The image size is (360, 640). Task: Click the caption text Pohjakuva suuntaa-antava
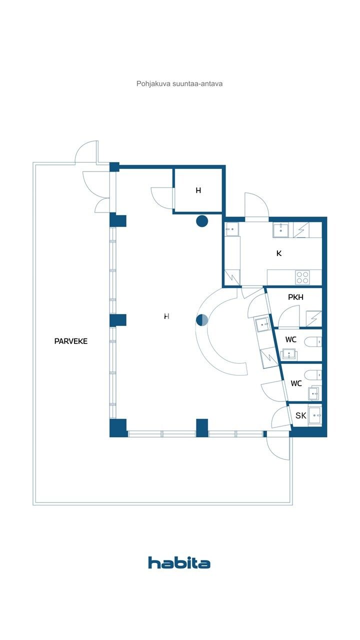tap(179, 83)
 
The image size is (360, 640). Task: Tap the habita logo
tap(179, 562)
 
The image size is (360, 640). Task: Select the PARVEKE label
tap(71, 341)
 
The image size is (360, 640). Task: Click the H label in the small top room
tap(198, 190)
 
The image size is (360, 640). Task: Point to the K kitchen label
tap(279, 253)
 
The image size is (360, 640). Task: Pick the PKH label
tap(295, 297)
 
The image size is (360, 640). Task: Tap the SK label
tap(300, 415)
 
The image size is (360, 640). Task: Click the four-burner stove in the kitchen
tap(302, 276)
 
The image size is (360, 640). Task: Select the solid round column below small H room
tap(202, 220)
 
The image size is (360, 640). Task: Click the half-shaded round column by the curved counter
tap(202, 320)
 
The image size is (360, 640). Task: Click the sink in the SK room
tap(315, 415)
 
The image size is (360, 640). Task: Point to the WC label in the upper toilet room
tap(290, 340)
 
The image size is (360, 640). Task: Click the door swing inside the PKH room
tap(288, 316)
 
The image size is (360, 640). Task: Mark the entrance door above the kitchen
tap(256, 207)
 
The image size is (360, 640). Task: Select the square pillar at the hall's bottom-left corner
tap(118, 427)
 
